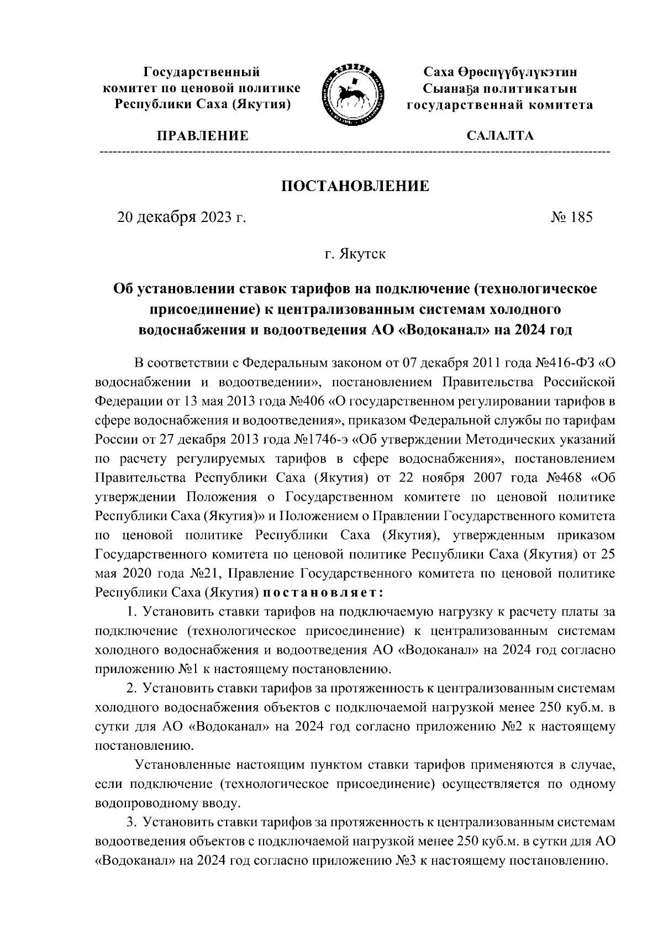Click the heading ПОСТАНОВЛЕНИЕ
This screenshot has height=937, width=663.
(355, 186)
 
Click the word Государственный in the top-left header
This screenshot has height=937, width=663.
(202, 72)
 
